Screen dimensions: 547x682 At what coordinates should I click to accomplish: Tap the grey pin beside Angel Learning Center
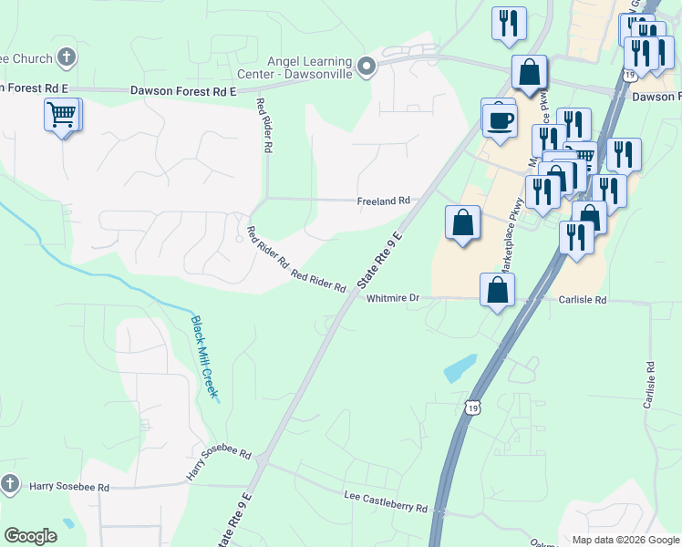(367, 66)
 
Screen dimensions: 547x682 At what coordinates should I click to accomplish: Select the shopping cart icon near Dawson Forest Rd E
(62, 115)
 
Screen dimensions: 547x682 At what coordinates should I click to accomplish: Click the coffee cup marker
(500, 119)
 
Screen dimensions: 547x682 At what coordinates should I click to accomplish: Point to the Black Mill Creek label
(203, 356)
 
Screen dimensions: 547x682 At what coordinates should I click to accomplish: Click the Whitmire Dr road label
(392, 298)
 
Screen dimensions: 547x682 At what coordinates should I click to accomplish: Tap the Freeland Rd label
(384, 200)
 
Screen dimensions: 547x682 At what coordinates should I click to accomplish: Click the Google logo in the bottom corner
(30, 536)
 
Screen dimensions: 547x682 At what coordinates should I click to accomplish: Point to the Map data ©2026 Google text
(625, 540)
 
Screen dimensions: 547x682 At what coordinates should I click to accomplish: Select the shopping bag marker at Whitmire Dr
(498, 291)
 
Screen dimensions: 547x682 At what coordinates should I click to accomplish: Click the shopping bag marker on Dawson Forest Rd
(529, 73)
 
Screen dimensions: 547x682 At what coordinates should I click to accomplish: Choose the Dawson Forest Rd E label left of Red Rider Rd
(183, 91)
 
